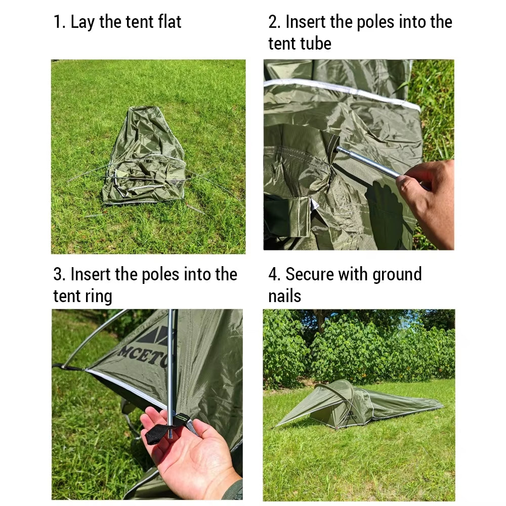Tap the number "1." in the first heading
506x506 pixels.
click(x=60, y=22)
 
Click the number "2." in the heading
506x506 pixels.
click(x=275, y=22)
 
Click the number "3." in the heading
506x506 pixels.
click(x=60, y=275)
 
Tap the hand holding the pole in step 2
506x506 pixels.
click(x=428, y=197)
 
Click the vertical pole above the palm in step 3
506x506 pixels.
click(x=172, y=364)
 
